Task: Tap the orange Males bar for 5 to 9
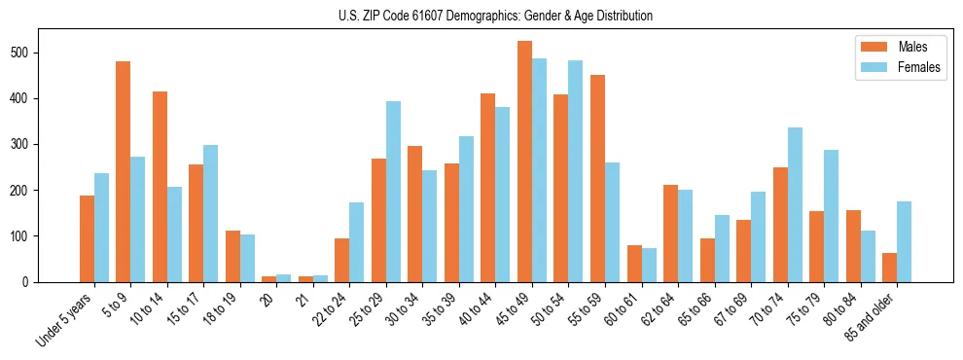pos(124,171)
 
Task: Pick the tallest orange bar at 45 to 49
pos(524,162)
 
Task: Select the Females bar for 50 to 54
pos(575,171)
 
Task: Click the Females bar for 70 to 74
pos(794,204)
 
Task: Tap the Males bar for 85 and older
pos(889,268)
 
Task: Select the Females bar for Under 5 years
pos(101,228)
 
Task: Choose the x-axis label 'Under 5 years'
pos(65,318)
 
